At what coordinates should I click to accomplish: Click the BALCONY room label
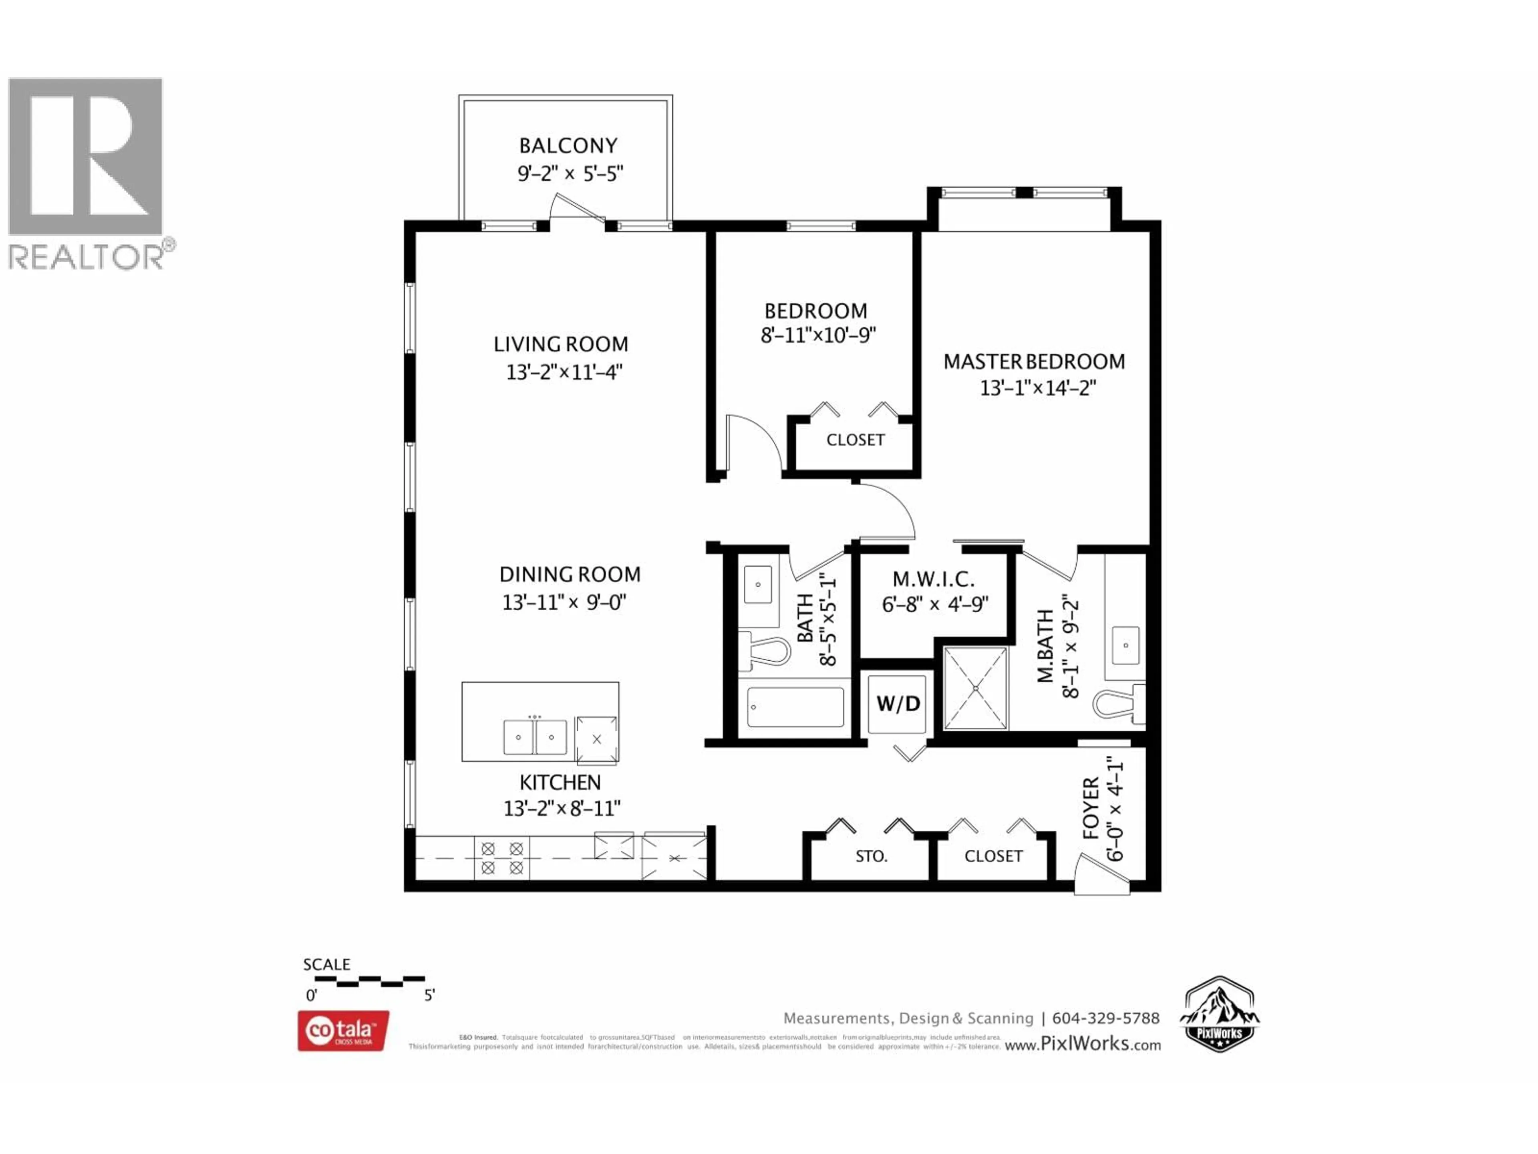(568, 145)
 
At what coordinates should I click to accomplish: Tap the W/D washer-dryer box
(898, 704)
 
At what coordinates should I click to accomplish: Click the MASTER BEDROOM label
(1033, 362)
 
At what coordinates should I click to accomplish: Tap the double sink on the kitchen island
(535, 736)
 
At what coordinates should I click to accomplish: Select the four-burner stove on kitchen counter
(502, 857)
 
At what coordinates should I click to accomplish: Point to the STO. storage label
(871, 856)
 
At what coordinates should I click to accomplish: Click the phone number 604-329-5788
(1105, 1018)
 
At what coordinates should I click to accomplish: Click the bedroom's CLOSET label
(855, 440)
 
